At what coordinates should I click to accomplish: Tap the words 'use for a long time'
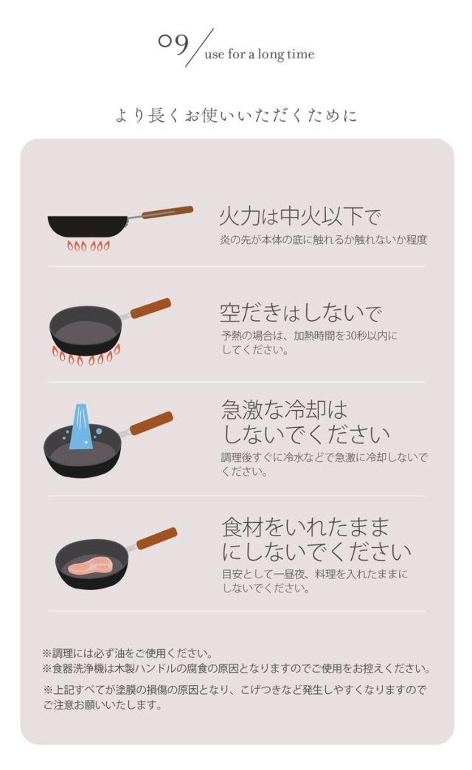tap(259, 55)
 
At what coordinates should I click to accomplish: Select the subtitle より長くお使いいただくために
tap(236, 116)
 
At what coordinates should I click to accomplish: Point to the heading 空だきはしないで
tap(300, 313)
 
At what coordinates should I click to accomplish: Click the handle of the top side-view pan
tap(167, 212)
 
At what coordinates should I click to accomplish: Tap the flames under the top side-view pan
tap(88, 246)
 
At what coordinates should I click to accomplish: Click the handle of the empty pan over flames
tap(150, 308)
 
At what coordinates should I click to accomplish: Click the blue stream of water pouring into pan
tap(80, 429)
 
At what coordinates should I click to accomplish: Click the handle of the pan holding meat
tap(156, 538)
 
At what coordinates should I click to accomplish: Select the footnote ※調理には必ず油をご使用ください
tap(128, 653)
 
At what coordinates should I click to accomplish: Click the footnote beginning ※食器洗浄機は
tap(236, 669)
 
